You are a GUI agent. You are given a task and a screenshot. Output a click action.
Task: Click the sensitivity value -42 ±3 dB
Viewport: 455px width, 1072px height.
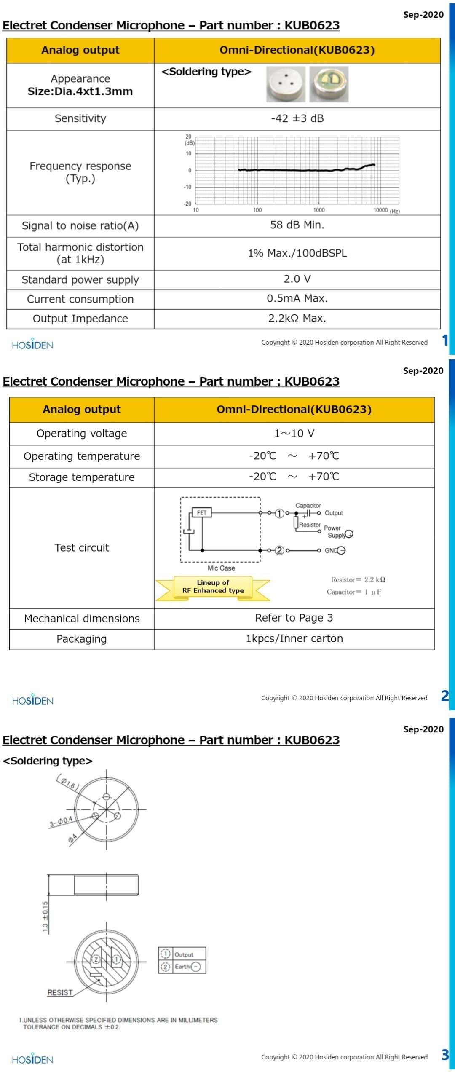pos(297,118)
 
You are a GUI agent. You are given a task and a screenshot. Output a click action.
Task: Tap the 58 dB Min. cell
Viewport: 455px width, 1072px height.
pos(297,225)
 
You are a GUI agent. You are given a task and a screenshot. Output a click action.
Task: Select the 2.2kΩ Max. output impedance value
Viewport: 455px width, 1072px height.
pos(297,318)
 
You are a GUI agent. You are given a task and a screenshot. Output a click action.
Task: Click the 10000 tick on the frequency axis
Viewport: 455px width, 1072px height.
pos(380,210)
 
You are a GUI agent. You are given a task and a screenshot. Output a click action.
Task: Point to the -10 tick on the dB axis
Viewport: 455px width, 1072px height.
pos(187,187)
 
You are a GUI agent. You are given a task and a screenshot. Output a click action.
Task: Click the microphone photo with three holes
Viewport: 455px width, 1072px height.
pos(286,84)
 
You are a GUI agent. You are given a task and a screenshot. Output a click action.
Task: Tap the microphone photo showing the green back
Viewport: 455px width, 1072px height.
pos(329,84)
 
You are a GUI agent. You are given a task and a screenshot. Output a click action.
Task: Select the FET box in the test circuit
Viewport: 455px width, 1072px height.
pos(202,512)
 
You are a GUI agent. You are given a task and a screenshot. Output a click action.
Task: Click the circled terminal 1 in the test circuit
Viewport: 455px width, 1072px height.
pos(279,513)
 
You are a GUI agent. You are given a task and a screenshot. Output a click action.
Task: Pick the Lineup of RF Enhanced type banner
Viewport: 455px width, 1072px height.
pos(213,587)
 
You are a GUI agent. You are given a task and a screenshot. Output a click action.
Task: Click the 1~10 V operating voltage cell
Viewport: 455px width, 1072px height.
pos(294,433)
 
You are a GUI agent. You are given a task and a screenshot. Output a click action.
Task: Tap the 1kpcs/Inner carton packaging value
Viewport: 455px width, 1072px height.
pos(294,638)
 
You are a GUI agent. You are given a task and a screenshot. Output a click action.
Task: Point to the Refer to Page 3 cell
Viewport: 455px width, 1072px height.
pos(294,618)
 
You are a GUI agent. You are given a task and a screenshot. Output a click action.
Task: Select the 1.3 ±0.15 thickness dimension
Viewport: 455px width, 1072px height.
pos(45,916)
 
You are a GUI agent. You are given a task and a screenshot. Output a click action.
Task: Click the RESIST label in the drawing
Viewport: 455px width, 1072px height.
pos(60,993)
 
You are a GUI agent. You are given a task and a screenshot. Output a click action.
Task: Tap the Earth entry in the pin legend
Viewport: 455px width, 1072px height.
pos(182,966)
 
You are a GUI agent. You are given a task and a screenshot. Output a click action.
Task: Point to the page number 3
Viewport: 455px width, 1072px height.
pos(445,1055)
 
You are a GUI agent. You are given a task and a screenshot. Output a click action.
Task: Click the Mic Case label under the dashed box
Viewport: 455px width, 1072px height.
pos(221,568)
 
